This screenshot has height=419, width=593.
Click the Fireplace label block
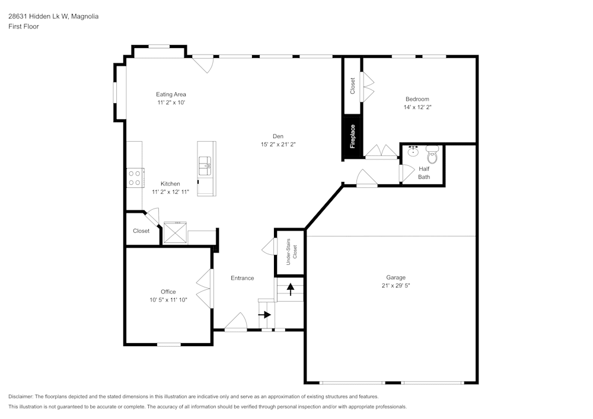point(352,137)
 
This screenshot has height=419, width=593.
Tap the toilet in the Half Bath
point(432,156)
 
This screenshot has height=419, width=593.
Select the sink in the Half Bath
point(413,151)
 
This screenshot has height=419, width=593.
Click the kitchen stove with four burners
point(135,178)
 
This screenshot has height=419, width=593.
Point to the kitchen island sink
point(205,164)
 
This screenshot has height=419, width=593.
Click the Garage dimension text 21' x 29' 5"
point(396,286)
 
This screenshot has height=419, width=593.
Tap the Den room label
point(278,135)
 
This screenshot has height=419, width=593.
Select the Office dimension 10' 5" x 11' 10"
point(168,300)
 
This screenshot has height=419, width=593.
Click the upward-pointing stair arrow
point(291,289)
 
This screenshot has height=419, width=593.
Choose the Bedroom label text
point(417,99)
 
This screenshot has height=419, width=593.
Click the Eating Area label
point(171,94)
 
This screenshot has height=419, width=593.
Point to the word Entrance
point(242,278)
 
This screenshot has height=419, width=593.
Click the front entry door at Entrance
point(236,324)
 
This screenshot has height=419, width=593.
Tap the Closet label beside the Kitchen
point(141,231)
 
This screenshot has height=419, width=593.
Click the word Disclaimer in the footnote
point(21,396)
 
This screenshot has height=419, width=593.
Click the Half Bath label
point(424,172)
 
